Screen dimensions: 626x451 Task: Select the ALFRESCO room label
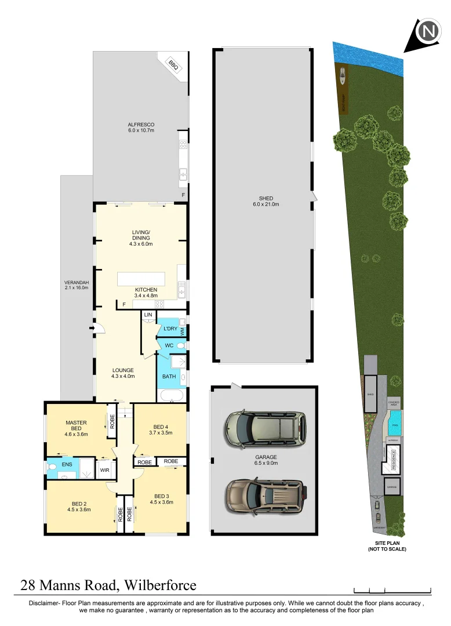point(141,128)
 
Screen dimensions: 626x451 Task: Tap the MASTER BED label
point(76,426)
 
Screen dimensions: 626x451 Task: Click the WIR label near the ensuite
point(105,471)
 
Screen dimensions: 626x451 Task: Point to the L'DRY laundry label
point(170,329)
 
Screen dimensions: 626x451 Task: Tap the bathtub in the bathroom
point(170,396)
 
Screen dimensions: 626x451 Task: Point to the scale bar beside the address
point(392,591)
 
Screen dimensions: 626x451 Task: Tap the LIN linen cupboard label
point(148,315)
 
